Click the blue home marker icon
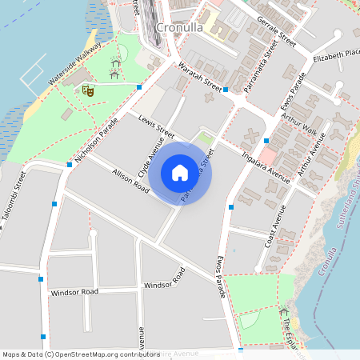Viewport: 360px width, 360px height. (x=180, y=173)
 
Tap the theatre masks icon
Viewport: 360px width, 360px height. (x=89, y=91)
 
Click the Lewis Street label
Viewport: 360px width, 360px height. (x=155, y=127)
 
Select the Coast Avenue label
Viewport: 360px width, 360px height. (x=274, y=226)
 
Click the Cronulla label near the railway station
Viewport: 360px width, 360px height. (x=179, y=28)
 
